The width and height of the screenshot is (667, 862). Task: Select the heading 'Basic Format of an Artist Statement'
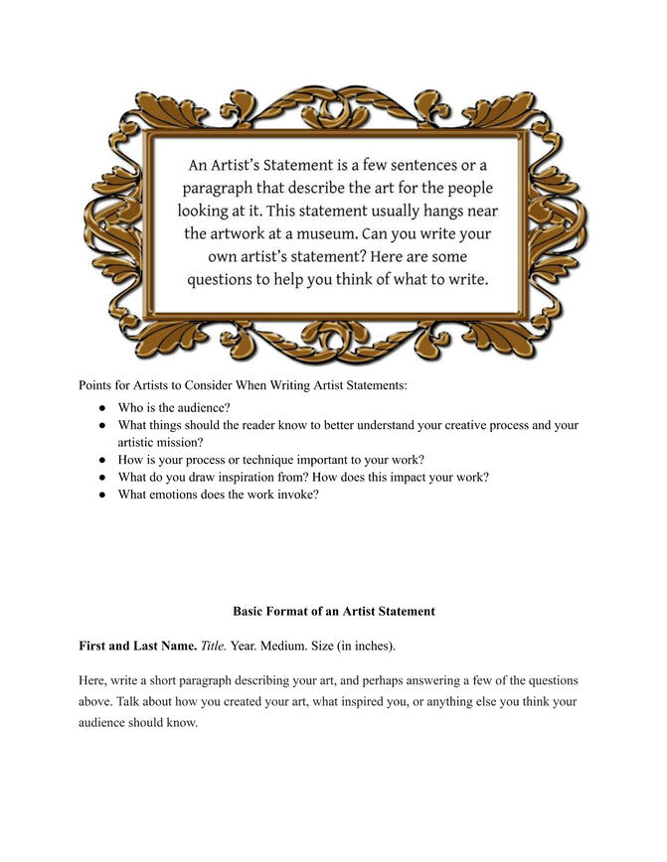(x=333, y=612)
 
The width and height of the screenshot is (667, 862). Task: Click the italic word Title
(x=214, y=646)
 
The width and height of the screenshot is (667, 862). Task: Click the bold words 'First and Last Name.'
(x=137, y=646)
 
